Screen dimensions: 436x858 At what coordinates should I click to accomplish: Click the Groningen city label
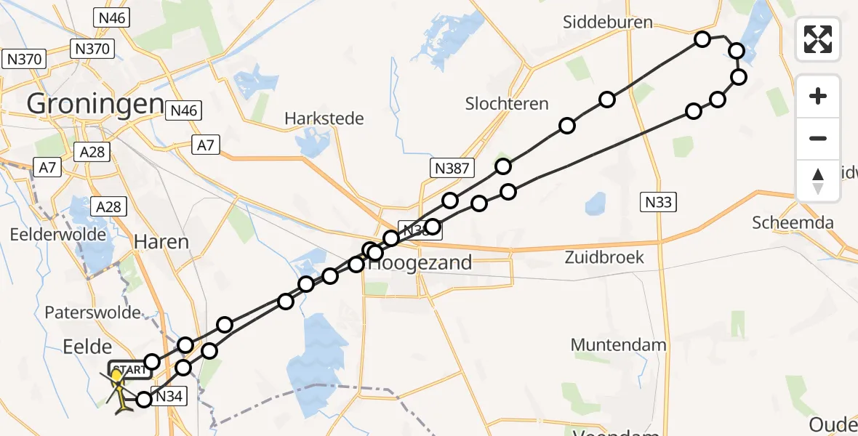95,104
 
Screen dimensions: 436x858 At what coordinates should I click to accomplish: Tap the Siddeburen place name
608,23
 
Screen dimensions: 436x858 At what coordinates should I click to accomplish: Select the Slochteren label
507,104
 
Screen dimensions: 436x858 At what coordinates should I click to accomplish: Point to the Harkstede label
324,118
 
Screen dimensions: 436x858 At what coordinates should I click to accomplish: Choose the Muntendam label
618,344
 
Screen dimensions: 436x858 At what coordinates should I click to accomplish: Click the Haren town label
161,241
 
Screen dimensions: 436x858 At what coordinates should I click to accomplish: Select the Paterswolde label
92,312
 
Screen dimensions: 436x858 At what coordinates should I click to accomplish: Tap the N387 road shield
451,169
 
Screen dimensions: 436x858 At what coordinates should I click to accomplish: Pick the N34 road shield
169,396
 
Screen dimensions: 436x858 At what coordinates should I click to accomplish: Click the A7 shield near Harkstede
207,145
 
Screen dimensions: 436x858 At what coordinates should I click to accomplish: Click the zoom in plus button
818,97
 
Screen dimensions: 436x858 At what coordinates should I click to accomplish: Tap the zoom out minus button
818,138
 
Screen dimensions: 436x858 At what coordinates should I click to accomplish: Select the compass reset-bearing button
818,180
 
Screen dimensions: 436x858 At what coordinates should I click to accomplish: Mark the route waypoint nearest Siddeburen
702,39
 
